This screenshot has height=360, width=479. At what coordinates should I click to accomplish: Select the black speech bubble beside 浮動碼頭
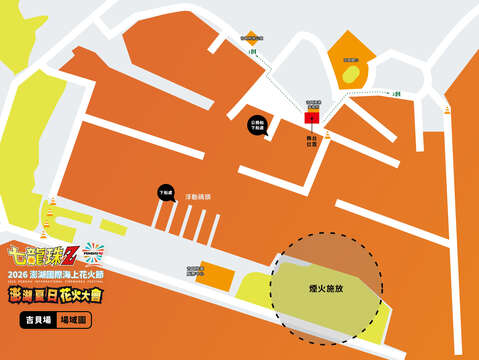pyautogui.click(x=166, y=191)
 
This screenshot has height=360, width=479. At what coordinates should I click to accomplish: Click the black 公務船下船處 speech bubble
pyautogui.click(x=257, y=126)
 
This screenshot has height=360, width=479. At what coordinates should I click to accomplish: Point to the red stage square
pyautogui.click(x=311, y=117)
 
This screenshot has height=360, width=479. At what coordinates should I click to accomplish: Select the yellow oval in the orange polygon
pyautogui.click(x=349, y=74)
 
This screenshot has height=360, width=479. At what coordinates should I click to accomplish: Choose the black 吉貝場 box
pyautogui.click(x=37, y=321)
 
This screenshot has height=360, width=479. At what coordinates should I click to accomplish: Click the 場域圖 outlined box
pyautogui.click(x=76, y=321)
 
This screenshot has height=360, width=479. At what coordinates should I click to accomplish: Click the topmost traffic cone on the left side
pyautogui.click(x=53, y=203)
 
